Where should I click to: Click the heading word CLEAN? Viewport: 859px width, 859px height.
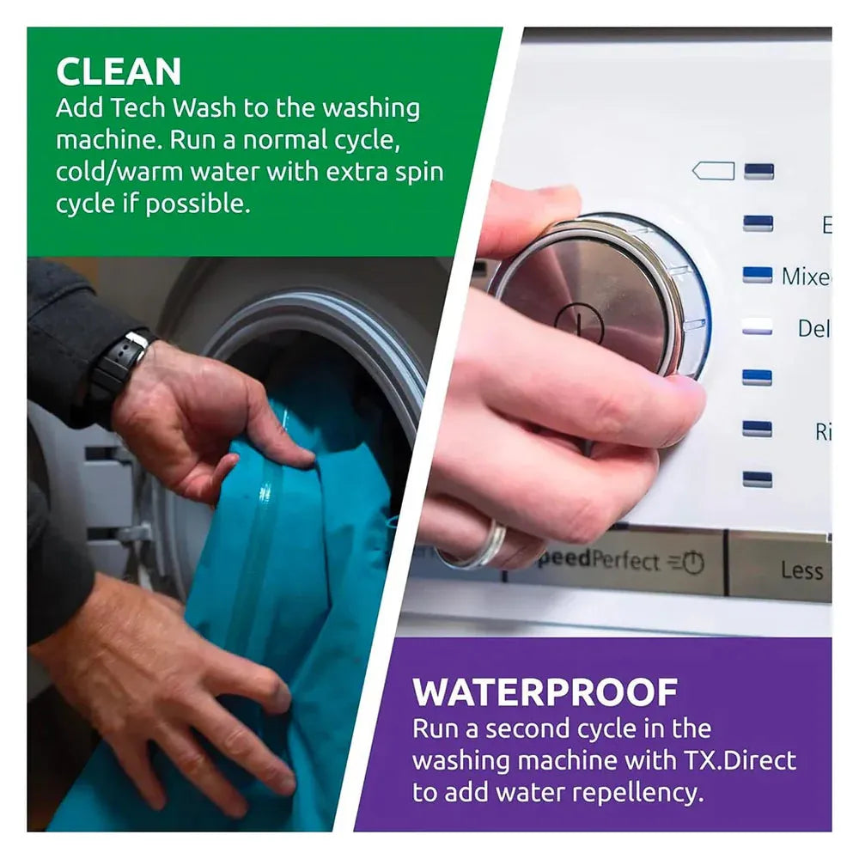(x=119, y=72)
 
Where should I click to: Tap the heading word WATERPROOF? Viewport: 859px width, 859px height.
(x=545, y=692)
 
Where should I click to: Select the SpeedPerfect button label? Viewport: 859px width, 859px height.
(x=605, y=561)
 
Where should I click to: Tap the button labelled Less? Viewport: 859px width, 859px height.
(x=801, y=570)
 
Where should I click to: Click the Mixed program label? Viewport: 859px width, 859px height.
(x=806, y=277)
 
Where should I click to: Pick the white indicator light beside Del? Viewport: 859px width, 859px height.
(x=757, y=327)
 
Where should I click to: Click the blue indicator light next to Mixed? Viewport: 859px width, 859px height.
(x=757, y=275)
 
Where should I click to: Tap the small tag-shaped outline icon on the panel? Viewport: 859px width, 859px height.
(x=713, y=171)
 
